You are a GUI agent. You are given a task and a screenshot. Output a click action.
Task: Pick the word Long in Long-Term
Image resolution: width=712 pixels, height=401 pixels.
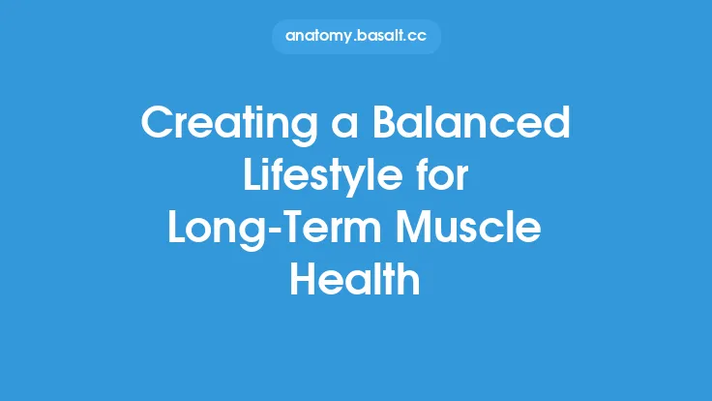210,230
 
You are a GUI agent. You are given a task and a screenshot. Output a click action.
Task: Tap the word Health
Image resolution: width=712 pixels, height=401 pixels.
356,282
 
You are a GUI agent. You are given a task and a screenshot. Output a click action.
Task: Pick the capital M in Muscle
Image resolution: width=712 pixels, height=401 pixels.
416,230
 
